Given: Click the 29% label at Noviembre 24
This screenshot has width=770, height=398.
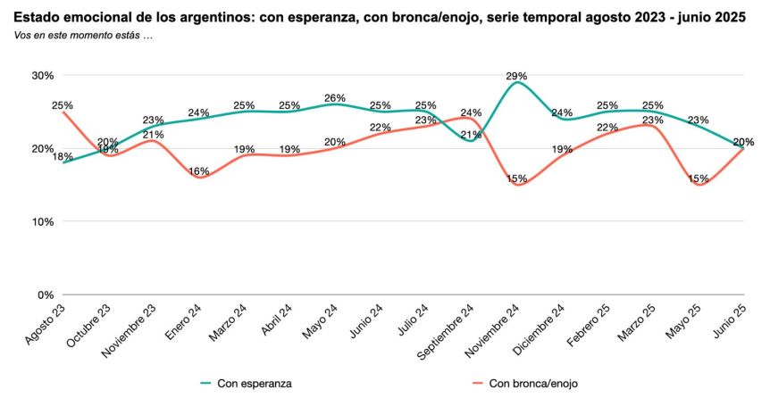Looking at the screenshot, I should point(516,77).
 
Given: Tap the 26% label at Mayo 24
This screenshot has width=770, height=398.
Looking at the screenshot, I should point(335,98).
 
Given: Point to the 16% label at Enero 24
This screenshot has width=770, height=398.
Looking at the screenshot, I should point(198,171).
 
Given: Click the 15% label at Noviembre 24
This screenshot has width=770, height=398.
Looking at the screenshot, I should point(516,178).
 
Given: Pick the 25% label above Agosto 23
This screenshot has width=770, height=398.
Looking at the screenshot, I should point(63,105).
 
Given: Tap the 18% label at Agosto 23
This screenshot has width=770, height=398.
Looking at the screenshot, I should point(63,157).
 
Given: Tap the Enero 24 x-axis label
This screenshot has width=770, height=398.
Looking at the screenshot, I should point(182,324).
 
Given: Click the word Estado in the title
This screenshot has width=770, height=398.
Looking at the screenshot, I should point(38,17).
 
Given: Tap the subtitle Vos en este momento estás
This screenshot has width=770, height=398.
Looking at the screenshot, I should point(84,35).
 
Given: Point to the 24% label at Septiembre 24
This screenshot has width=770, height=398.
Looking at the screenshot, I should point(471,113).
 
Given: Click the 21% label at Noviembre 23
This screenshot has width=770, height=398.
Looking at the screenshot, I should point(153,135).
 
